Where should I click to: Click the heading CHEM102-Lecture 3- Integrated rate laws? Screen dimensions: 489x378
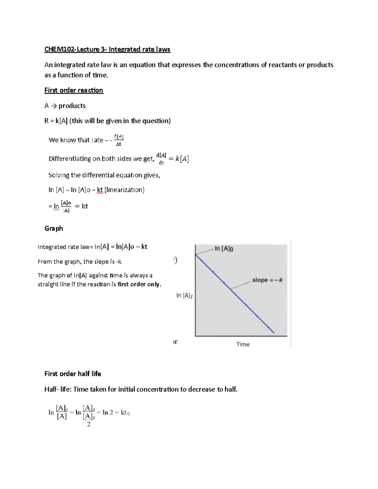107,49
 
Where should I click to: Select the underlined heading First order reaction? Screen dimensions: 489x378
74,90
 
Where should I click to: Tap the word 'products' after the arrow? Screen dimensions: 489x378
72,106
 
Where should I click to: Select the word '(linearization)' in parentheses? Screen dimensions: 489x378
124,190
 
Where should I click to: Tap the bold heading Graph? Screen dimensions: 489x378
54,229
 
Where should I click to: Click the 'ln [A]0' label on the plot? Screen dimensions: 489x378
224,249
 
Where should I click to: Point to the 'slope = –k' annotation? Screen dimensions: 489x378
267,280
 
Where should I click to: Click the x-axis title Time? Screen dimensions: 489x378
243,344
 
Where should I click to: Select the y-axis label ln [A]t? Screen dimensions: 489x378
184,295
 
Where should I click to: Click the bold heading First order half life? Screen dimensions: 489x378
73,374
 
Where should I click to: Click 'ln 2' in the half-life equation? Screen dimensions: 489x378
108,412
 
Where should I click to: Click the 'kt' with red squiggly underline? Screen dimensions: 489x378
100,190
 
